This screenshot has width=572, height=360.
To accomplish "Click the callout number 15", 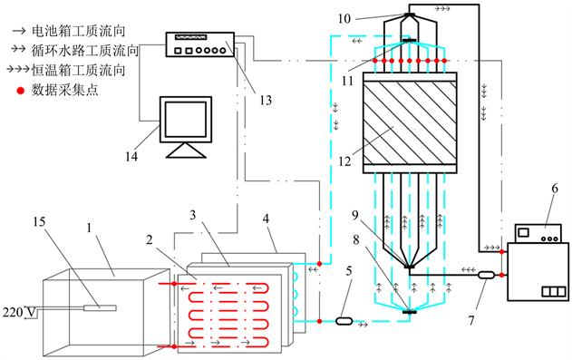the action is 39,222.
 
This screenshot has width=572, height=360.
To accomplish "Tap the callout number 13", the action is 266,100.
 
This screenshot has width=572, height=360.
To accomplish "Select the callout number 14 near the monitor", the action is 131,157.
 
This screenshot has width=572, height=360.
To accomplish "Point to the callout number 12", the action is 344,161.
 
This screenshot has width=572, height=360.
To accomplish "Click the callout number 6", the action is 555,189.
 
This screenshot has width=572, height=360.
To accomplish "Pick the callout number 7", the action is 471,320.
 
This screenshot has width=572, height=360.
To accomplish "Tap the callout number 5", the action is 349,271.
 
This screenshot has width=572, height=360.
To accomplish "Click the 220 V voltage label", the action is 19,313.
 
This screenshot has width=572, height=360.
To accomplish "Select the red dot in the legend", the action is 21,91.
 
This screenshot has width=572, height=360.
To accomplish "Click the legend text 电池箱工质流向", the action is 79,31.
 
